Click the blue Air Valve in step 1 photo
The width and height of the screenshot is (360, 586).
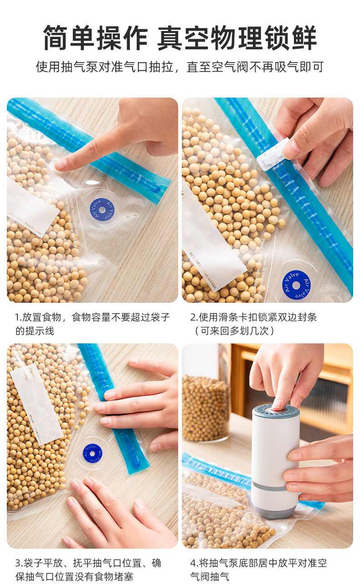[x=102, y=210]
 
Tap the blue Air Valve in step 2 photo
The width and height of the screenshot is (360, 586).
[x=296, y=285]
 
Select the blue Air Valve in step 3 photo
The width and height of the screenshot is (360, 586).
[x=93, y=454]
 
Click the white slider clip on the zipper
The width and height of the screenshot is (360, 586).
[x=273, y=154]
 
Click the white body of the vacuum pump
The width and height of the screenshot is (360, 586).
[x=276, y=451]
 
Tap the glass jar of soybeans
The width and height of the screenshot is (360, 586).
[x=206, y=406]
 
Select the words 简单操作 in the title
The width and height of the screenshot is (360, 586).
[x=96, y=38]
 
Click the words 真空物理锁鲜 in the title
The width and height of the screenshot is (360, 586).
[x=237, y=38]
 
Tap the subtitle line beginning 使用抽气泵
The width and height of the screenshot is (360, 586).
[x=180, y=67]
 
